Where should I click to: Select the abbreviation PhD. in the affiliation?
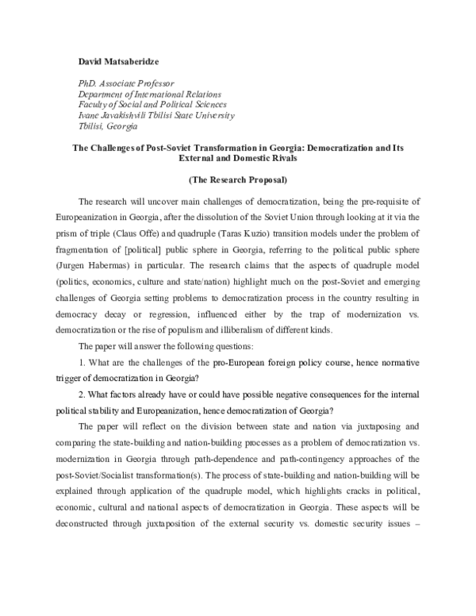click(x=87, y=83)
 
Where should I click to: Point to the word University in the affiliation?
click(x=213, y=116)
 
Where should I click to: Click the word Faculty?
click(x=93, y=105)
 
